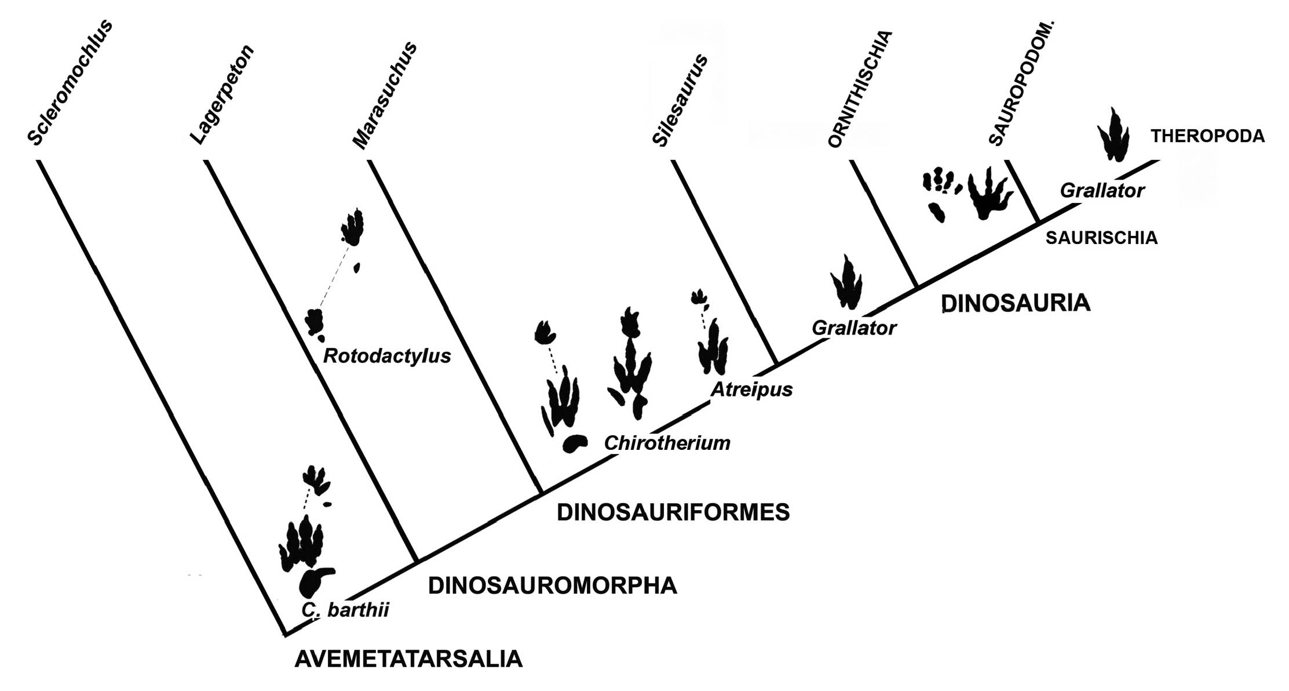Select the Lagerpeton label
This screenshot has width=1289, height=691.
[x=222, y=94]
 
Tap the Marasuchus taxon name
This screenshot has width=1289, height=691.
[x=385, y=95]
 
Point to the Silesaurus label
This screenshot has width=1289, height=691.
[x=680, y=100]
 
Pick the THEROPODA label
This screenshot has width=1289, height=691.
[x=1207, y=136]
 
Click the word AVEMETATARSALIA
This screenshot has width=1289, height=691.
[x=408, y=660]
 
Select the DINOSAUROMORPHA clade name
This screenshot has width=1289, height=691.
[x=552, y=586]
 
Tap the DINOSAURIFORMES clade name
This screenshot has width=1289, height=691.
[x=673, y=512]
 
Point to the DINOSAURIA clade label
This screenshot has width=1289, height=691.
[x=1016, y=303]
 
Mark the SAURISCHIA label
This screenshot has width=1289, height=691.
[x=1101, y=238]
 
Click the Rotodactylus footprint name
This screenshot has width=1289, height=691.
[x=387, y=355]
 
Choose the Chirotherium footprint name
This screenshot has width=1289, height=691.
[x=667, y=443]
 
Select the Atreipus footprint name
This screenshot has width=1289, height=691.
[x=751, y=390]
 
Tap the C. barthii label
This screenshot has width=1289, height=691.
[x=345, y=610]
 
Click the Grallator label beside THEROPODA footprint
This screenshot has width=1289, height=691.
[x=1102, y=190]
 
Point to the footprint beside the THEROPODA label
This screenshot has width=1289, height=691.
[x=1113, y=135]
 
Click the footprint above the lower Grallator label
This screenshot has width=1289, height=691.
[x=847, y=283]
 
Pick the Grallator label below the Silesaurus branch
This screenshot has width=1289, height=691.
[x=854, y=328]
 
